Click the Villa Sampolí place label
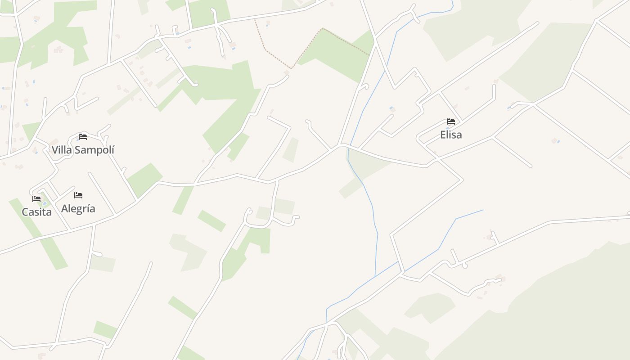coord(83,150)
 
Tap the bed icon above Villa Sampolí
coord(83,137)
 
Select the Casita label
coord(36,211)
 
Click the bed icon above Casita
coord(36,198)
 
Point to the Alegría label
coord(78,208)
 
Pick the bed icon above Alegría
coord(78,195)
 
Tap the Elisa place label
coord(451,135)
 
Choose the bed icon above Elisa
coord(451,121)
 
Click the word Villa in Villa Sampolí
coord(62,150)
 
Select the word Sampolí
coord(94,150)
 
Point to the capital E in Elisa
coord(443,135)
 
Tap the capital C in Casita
coord(25,211)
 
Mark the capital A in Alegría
coord(65,208)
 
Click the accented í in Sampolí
coord(112,149)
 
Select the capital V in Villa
coord(55,150)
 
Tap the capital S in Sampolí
coord(77,150)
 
